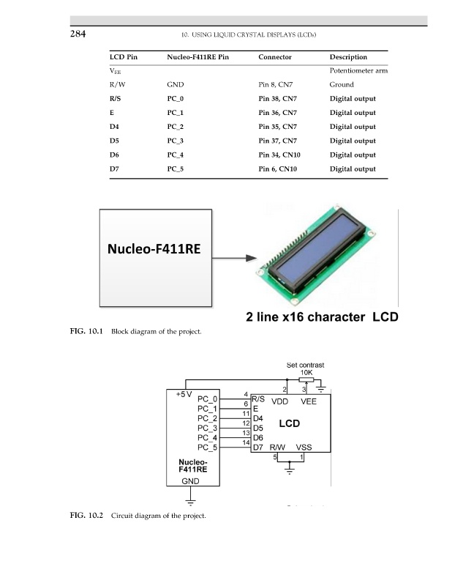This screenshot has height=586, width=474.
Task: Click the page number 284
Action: [78, 34]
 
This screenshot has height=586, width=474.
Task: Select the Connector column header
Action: [275, 57]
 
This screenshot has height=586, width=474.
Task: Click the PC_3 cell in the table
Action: [175, 141]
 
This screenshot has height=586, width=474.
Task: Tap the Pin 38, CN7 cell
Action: [277, 99]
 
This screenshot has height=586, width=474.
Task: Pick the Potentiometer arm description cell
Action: [358, 70]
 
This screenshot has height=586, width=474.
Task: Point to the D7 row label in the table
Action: [114, 169]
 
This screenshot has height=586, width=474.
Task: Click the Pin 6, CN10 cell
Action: [277, 169]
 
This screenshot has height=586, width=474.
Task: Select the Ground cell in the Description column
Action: [342, 84]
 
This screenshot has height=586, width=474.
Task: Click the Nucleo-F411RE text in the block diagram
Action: [154, 249]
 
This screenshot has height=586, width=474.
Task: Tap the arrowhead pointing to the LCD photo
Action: [252, 258]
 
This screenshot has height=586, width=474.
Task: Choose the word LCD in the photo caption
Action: [385, 317]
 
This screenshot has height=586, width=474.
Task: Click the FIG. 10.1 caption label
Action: [86, 331]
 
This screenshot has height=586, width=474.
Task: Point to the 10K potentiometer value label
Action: [306, 373]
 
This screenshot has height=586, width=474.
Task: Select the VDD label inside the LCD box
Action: [279, 401]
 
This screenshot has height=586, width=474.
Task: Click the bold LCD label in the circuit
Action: [289, 423]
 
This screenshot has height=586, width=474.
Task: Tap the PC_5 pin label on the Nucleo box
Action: [207, 448]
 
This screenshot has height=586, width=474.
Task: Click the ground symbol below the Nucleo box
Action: [190, 502]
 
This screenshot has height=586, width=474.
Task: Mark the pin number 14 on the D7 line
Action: [246, 442]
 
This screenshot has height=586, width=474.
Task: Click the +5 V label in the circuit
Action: [184, 394]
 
